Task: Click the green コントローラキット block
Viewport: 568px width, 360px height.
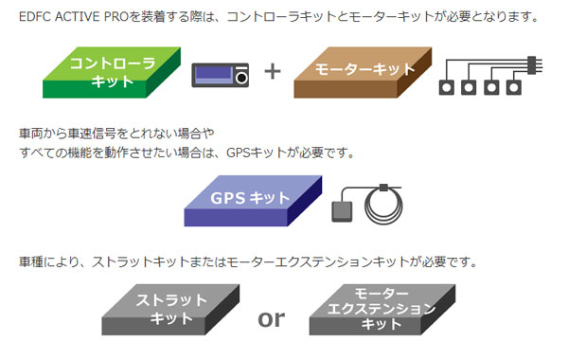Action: [x=112, y=73]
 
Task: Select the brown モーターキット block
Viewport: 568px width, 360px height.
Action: [x=363, y=73]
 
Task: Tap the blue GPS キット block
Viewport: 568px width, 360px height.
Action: [x=253, y=201]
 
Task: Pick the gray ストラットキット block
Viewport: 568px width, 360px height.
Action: [x=170, y=310]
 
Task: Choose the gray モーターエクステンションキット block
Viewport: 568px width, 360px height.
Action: [x=382, y=310]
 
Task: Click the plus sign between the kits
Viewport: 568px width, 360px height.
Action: [x=273, y=71]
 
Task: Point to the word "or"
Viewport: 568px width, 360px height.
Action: [x=272, y=319]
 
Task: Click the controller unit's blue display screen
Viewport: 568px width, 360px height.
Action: [x=214, y=75]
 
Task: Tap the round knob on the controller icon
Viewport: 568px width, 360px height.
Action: [x=241, y=78]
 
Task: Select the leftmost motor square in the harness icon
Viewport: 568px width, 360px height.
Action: [x=446, y=87]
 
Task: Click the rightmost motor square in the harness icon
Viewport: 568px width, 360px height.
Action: [x=514, y=87]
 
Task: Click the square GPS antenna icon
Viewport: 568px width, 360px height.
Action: [x=342, y=211]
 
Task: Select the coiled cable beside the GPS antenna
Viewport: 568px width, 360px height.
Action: [x=384, y=205]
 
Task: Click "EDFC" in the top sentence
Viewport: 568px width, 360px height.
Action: [x=35, y=17]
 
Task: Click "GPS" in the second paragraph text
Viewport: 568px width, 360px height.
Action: [x=238, y=153]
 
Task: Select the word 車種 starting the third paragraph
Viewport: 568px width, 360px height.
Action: [x=31, y=261]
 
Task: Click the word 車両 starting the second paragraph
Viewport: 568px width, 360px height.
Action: [x=31, y=134]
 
